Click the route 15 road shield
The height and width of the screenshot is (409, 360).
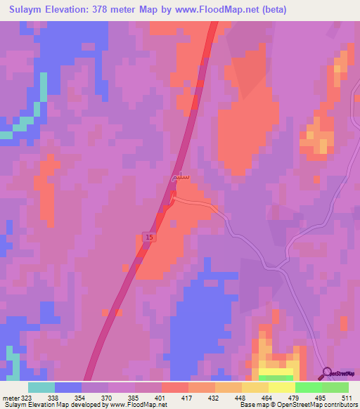tap(150, 238)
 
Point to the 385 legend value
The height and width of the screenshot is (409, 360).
tap(136, 397)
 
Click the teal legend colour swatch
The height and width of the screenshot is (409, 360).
tap(41, 387)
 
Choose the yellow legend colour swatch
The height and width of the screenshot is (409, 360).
tap(282, 387)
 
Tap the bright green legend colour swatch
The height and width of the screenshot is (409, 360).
tap(309, 387)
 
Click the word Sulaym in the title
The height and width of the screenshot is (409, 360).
tap(26, 10)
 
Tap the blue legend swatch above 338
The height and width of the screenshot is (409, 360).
tap(68, 387)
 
